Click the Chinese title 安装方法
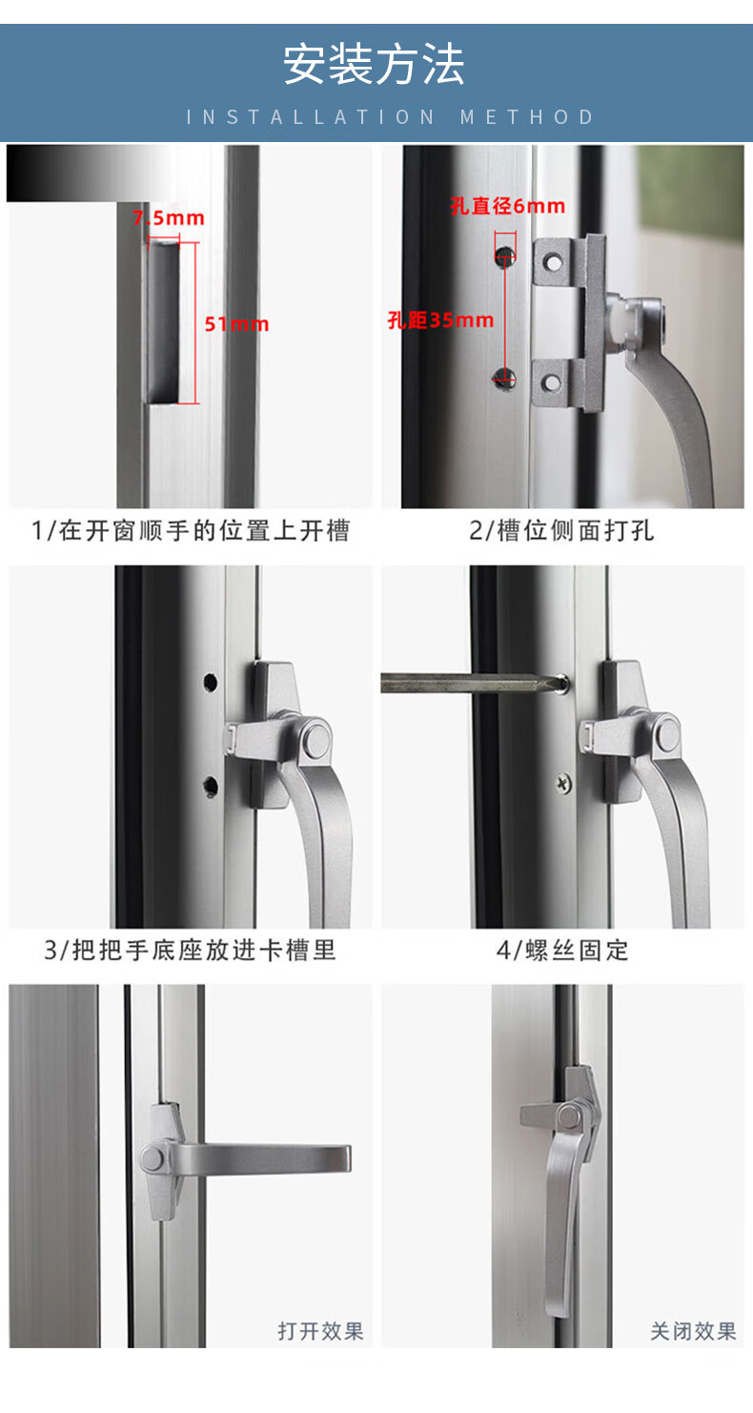[374, 64]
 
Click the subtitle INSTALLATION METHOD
[391, 117]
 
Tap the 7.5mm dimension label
[169, 218]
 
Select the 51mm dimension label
[236, 324]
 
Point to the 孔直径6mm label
[508, 206]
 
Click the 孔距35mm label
[440, 320]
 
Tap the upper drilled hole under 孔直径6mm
[504, 256]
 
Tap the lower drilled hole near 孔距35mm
[504, 378]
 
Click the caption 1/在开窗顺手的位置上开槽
[191, 530]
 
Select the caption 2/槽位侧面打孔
[561, 530]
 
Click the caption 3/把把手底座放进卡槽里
[190, 950]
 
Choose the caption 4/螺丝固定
[562, 950]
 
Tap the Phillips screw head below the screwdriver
[563, 783]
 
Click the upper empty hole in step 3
[210, 682]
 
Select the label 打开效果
[321, 1332]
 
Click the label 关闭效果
[694, 1332]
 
